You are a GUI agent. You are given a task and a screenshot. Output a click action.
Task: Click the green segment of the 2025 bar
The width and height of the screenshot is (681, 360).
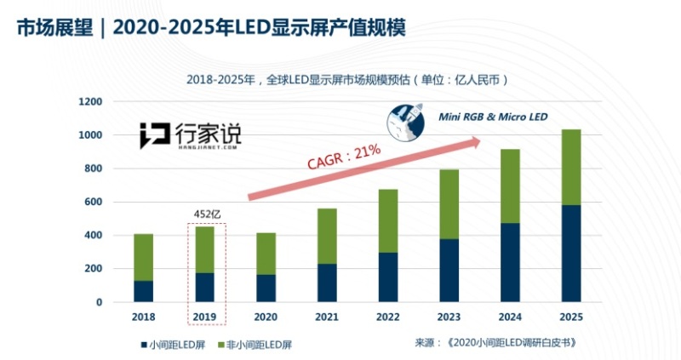click(571, 168)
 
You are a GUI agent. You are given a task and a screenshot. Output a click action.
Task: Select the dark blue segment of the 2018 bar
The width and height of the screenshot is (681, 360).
click(144, 291)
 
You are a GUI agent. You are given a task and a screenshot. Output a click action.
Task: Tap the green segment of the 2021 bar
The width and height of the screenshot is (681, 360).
click(327, 236)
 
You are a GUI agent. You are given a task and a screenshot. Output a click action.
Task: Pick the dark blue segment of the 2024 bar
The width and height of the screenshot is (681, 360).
click(510, 262)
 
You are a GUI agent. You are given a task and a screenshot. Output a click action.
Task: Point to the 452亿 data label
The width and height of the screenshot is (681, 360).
click(204, 214)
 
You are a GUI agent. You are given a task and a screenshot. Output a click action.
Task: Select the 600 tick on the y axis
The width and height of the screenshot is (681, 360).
click(92, 202)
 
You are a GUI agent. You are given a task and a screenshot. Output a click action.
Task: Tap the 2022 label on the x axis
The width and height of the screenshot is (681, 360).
click(387, 317)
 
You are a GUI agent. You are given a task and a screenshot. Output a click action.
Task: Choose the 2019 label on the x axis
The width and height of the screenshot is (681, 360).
click(204, 317)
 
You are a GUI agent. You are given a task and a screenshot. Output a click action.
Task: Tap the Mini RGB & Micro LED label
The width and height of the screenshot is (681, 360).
click(493, 116)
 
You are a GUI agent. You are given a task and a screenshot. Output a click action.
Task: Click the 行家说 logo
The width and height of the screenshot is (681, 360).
click(191, 135)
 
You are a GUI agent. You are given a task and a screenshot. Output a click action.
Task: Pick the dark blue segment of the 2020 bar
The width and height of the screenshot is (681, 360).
click(266, 288)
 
